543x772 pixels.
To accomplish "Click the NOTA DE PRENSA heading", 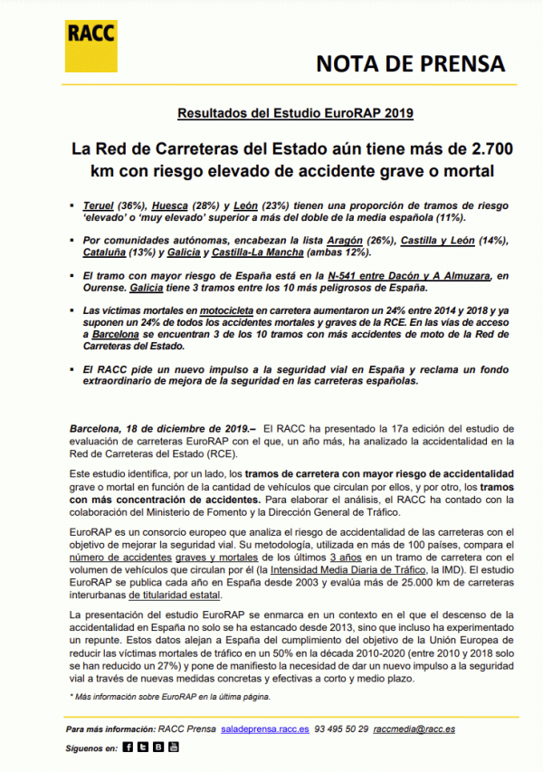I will click(x=411, y=63).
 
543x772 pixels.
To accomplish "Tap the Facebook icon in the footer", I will click(x=128, y=748).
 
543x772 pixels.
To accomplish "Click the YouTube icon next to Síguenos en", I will click(x=173, y=748).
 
